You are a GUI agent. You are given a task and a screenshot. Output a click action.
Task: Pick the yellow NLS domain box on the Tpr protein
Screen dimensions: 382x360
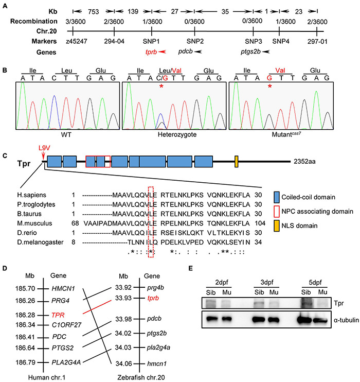pyautogui.click(x=236, y=161)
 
